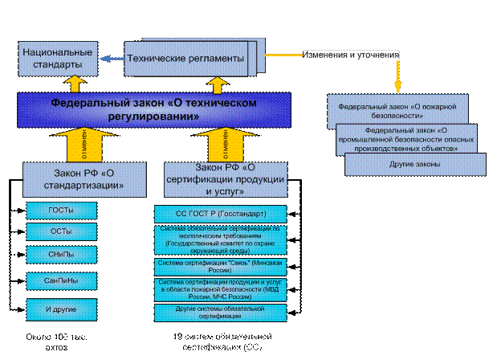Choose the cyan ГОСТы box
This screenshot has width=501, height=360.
(62, 210)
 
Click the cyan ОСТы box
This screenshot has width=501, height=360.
(62, 231)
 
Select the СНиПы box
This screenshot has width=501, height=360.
(62, 254)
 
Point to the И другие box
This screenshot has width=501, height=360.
(62, 307)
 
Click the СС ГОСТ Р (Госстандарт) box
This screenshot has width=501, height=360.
(220, 214)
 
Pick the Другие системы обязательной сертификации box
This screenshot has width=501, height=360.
(220, 311)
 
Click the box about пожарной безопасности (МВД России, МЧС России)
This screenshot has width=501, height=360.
(220, 288)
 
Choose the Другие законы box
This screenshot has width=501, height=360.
(415, 164)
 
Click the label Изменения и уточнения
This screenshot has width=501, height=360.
(350, 55)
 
